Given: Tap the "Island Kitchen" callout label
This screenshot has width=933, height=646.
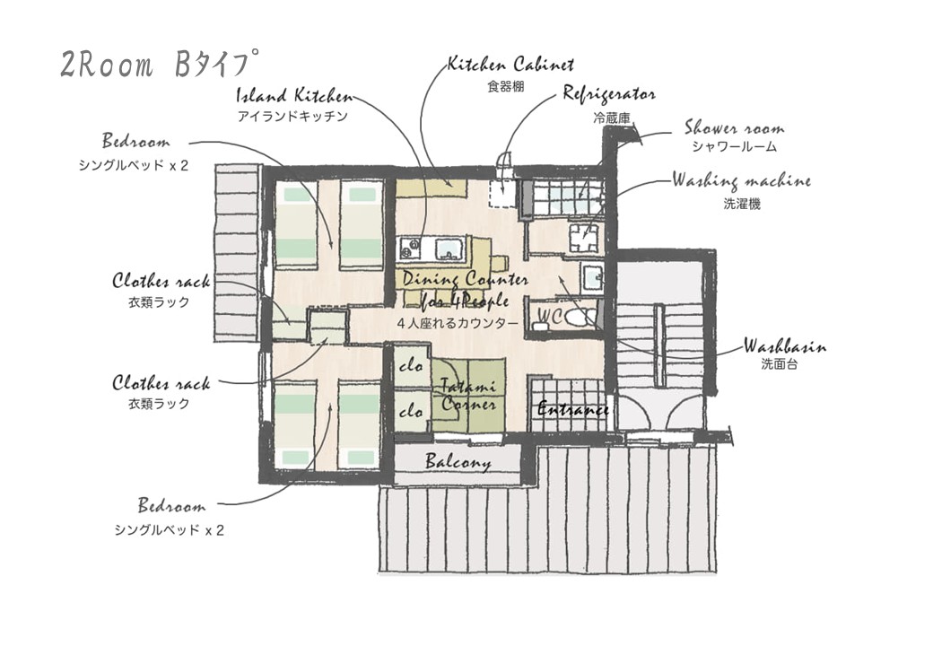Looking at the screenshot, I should click(x=294, y=96).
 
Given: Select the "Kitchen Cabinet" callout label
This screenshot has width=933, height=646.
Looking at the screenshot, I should click(x=510, y=65).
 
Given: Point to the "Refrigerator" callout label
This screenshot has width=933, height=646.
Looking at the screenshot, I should click(x=608, y=94).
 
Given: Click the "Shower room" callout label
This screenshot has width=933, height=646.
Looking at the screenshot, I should click(x=734, y=127).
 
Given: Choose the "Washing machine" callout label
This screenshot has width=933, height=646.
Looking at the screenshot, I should click(x=741, y=181).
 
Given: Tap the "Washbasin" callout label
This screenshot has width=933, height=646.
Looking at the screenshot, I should click(x=784, y=346).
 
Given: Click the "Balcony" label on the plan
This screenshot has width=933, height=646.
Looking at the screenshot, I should click(x=458, y=463).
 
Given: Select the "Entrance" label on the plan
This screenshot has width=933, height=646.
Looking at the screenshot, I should click(x=572, y=409).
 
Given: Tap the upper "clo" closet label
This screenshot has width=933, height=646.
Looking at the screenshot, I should click(x=411, y=367).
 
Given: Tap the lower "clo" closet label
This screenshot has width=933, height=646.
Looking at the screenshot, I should click(x=411, y=412).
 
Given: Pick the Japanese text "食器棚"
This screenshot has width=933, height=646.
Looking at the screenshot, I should click(x=505, y=87).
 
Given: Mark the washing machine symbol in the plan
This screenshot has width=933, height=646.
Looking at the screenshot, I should click(x=584, y=236).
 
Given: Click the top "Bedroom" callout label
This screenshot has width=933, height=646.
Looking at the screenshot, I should click(x=135, y=142).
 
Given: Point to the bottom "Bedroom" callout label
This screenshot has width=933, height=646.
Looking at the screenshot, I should click(x=171, y=506).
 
